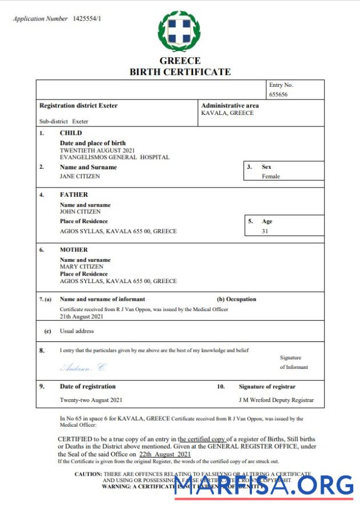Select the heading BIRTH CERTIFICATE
click(x=180, y=72)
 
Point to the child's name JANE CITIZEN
click(x=80, y=176)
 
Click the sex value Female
click(x=271, y=176)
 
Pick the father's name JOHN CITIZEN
click(x=80, y=211)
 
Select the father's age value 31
click(x=265, y=231)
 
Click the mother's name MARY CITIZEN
click(x=81, y=267)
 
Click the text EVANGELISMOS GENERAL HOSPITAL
click(x=114, y=157)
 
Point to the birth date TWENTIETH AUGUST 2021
click(x=97, y=150)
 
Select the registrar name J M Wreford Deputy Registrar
click(x=276, y=400)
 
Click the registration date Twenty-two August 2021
click(x=91, y=400)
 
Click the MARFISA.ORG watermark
click(x=263, y=486)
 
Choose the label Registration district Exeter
click(x=78, y=106)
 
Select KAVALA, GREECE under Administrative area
click(x=227, y=113)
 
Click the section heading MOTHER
click(x=74, y=249)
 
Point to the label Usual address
click(x=77, y=331)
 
